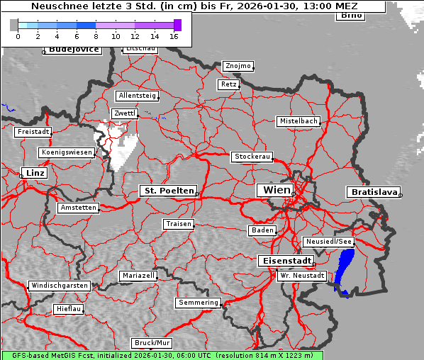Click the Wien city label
(x=276, y=190)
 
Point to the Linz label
(x=33, y=173)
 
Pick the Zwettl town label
(x=125, y=113)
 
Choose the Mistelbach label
(x=299, y=121)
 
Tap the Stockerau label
(x=252, y=157)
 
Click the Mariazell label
(x=138, y=275)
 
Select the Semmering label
(x=199, y=303)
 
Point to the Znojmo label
(x=238, y=66)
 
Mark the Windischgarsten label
(x=60, y=286)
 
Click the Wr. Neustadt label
(x=302, y=275)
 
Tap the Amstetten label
(x=78, y=208)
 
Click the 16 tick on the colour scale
(x=174, y=35)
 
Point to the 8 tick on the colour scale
(x=96, y=35)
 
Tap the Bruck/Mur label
(x=152, y=343)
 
